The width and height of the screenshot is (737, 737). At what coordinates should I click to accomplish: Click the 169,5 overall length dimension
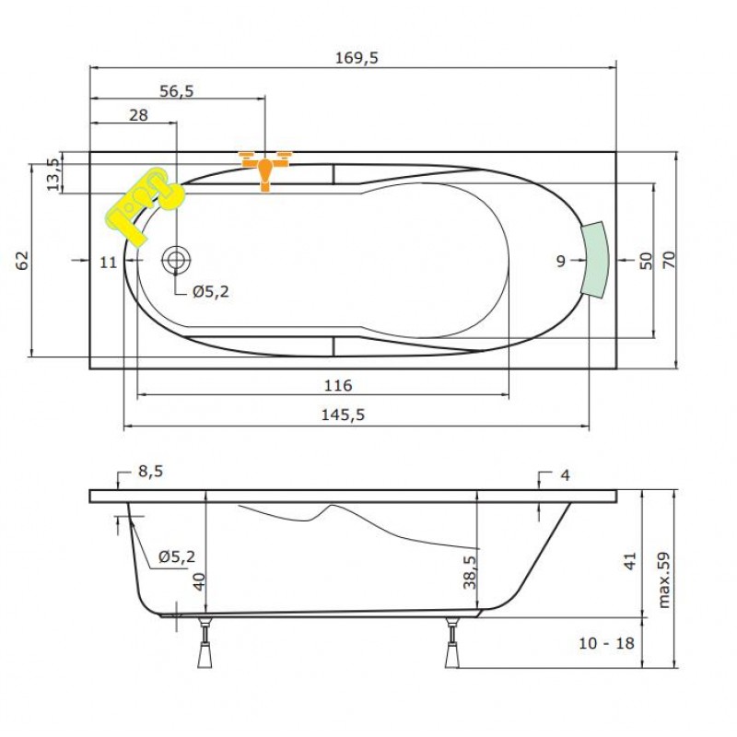click(357, 58)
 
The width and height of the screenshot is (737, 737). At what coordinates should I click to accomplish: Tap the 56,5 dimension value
click(176, 90)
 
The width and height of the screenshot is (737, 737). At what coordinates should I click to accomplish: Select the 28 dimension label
click(138, 114)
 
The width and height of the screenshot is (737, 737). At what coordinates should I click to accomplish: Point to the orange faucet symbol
click(265, 170)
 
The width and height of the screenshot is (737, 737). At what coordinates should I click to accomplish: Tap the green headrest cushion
click(594, 259)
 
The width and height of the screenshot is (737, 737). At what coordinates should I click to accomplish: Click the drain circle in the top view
click(176, 260)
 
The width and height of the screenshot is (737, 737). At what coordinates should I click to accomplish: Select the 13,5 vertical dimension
click(53, 174)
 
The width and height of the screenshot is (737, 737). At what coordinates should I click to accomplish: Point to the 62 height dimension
click(22, 261)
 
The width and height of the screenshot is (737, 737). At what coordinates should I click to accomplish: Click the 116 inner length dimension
click(338, 385)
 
